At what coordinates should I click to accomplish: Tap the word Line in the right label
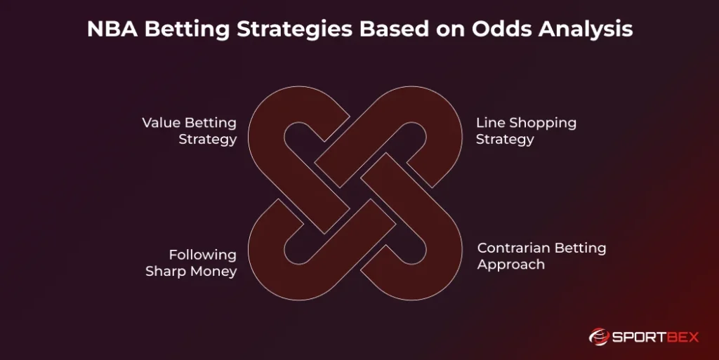tap(490, 123)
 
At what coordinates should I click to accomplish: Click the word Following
tap(202, 255)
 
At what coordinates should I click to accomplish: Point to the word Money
tap(214, 271)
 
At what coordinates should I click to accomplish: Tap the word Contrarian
tap(513, 248)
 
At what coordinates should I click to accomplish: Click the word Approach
tap(510, 265)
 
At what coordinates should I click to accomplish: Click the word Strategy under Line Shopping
tap(505, 139)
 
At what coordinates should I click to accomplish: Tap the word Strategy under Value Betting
tap(207, 139)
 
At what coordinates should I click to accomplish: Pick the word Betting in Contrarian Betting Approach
tap(580, 248)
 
